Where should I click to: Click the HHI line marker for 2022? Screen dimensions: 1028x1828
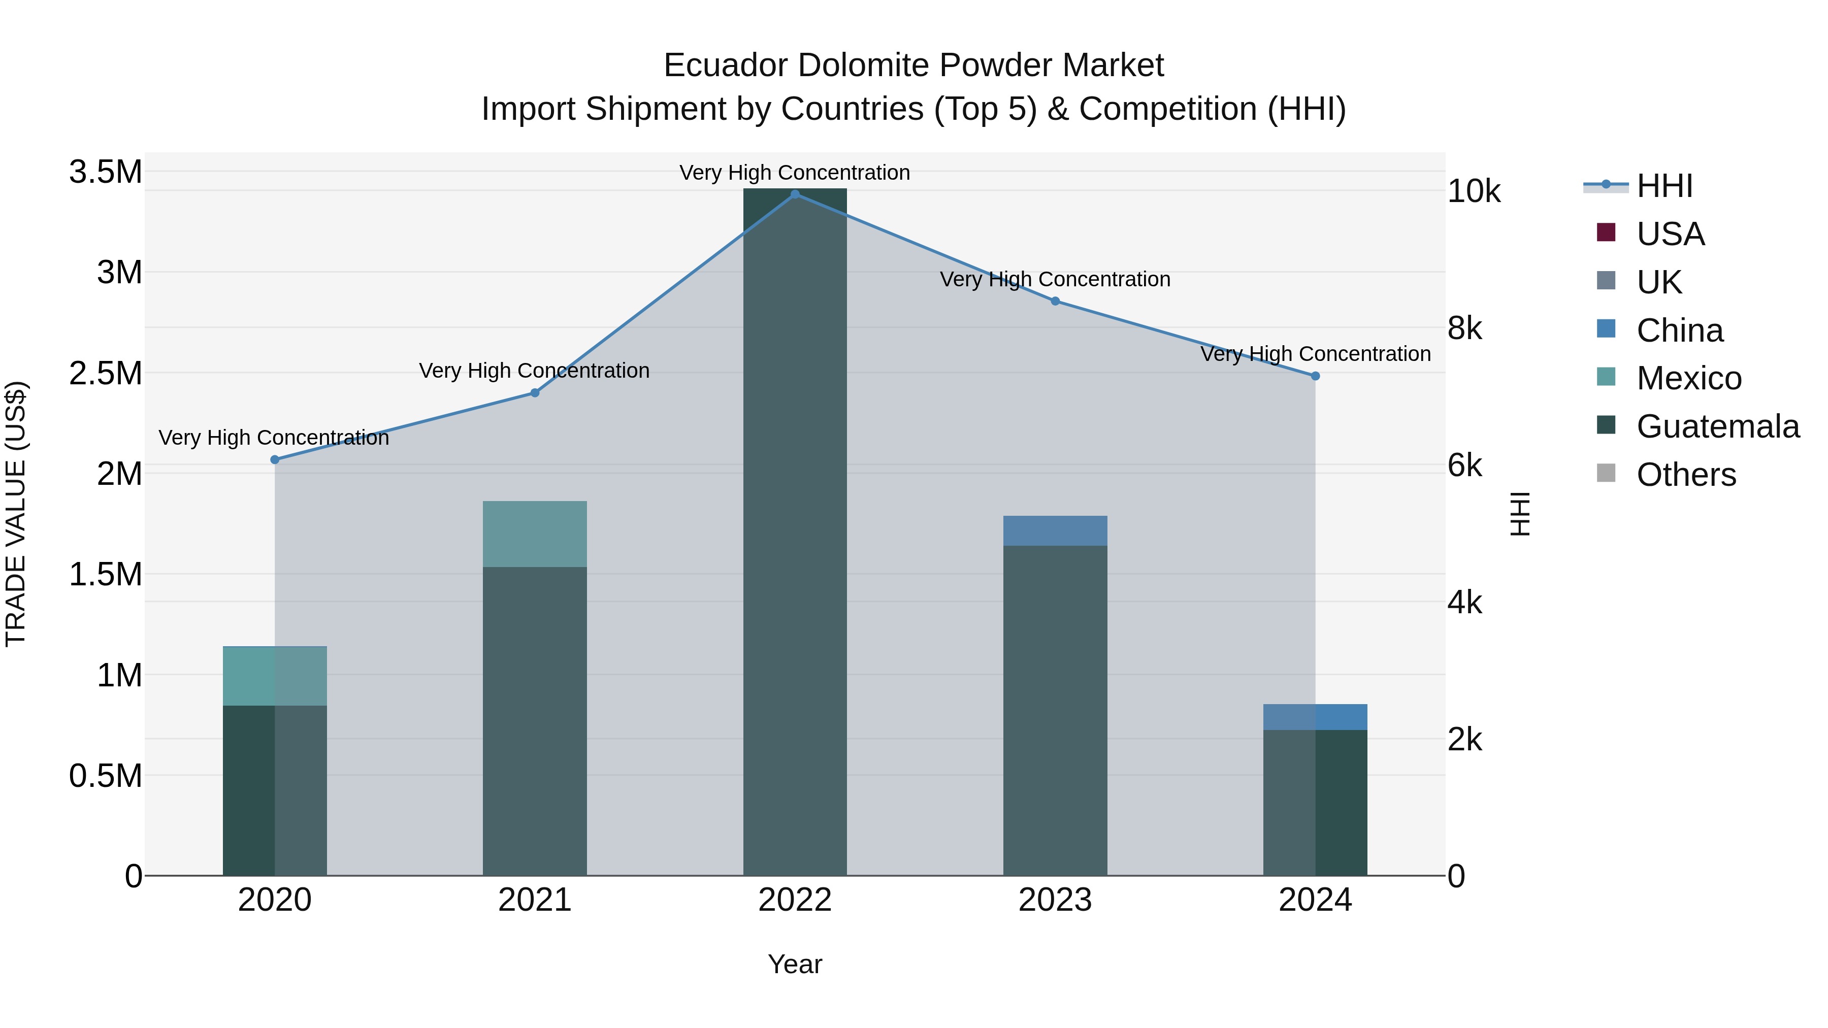pyautogui.click(x=795, y=194)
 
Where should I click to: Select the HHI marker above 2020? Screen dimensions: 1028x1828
pyautogui.click(x=275, y=460)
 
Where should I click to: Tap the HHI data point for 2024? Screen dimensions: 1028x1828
pyautogui.click(x=1315, y=376)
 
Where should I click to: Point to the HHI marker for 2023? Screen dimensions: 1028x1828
pyautogui.click(x=1055, y=302)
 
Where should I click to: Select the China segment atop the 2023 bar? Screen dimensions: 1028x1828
pyautogui.click(x=1055, y=530)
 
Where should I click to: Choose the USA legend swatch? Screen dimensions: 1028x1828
pyautogui.click(x=1606, y=233)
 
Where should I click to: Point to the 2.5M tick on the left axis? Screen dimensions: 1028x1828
pyautogui.click(x=105, y=373)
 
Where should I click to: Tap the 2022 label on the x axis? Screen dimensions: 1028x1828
pyautogui.click(x=795, y=900)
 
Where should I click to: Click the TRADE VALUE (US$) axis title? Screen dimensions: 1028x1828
pyautogui.click(x=16, y=514)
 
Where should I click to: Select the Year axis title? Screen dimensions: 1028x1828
pyautogui.click(x=795, y=964)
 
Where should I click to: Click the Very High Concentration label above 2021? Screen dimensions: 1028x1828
pyautogui.click(x=534, y=371)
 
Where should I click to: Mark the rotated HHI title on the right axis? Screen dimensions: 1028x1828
pyautogui.click(x=1519, y=514)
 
